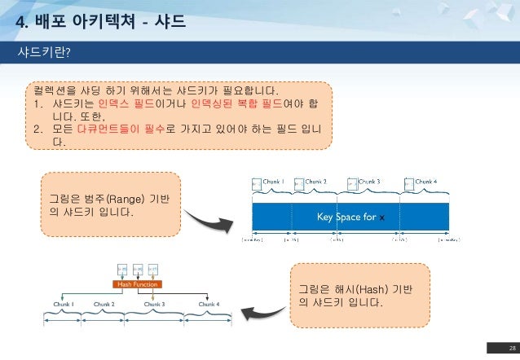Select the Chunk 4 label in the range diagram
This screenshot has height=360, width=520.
(426, 182)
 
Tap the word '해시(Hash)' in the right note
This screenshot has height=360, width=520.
(354, 290)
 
